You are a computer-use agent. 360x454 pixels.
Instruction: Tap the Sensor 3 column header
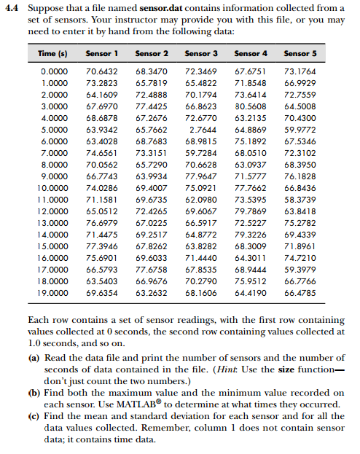click(x=201, y=53)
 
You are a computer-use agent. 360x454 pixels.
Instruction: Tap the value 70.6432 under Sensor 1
click(x=102, y=71)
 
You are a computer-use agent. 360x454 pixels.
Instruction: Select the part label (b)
click(x=34, y=393)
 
